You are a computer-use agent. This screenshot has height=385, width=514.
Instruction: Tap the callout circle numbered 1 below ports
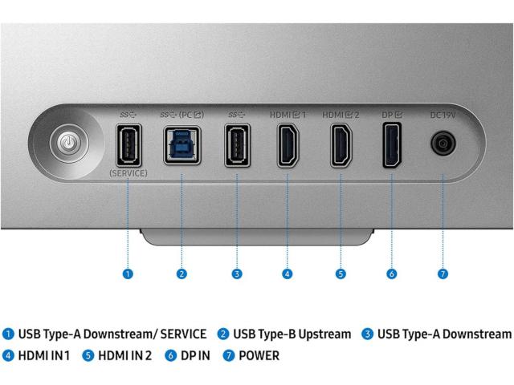128,274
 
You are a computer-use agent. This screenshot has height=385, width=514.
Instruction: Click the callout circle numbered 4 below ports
287,274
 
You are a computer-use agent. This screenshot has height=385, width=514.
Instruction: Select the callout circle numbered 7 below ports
443,274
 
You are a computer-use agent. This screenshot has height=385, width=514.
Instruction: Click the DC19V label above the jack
443,115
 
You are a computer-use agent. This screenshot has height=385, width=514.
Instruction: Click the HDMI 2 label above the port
341,115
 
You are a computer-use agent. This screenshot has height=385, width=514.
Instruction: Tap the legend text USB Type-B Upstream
292,334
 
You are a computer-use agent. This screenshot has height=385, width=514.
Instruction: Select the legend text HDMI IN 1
43,355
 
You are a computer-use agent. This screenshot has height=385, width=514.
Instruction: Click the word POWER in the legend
259,355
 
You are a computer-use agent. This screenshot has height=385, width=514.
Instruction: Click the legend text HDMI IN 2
124,355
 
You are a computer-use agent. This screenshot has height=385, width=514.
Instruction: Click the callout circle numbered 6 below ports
392,274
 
